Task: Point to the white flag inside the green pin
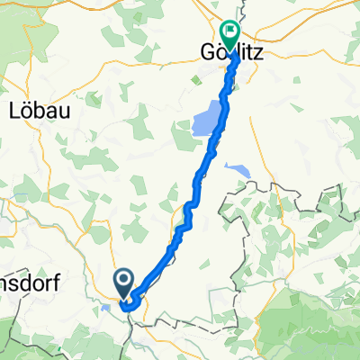click(x=231, y=32)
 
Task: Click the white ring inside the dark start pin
click(x=125, y=278)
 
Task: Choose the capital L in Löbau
click(x=13, y=111)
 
